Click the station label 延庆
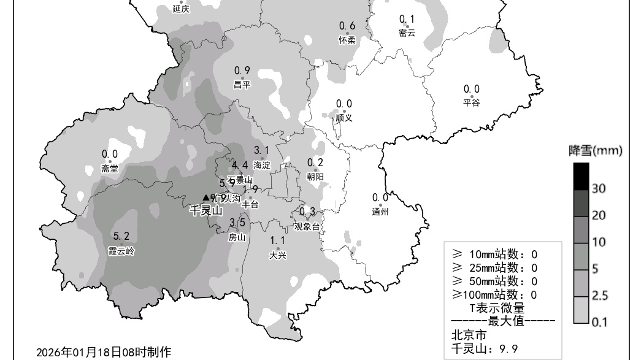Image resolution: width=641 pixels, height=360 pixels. click(181, 9)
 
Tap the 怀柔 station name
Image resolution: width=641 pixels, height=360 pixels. click(347, 40)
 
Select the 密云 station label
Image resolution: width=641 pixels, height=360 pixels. click(407, 33)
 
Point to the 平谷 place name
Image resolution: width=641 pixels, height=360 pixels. click(472, 102)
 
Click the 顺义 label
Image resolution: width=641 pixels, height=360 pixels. click(344, 118)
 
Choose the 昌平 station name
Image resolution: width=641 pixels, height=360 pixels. click(242, 85)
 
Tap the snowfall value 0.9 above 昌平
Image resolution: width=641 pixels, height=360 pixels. click(242, 71)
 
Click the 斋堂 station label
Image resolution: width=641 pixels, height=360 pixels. click(110, 169)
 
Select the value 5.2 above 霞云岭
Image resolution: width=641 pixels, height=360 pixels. click(121, 236)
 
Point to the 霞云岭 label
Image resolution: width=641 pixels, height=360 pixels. click(121, 251)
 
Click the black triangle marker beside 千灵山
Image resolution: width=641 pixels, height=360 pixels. click(206, 197)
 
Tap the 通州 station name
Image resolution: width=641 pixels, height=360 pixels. click(380, 212)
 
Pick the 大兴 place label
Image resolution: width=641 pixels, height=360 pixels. click(278, 255)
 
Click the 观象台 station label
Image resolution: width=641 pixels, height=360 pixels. click(307, 226)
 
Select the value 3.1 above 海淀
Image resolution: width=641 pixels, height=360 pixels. click(262, 150)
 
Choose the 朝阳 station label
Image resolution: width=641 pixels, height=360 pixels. click(315, 177)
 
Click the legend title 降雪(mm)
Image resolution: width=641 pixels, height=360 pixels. click(595, 151)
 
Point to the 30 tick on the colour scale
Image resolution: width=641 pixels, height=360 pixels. click(599, 189)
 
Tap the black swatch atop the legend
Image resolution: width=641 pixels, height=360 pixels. click(581, 176)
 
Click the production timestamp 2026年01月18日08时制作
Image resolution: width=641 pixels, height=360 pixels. click(104, 352)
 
